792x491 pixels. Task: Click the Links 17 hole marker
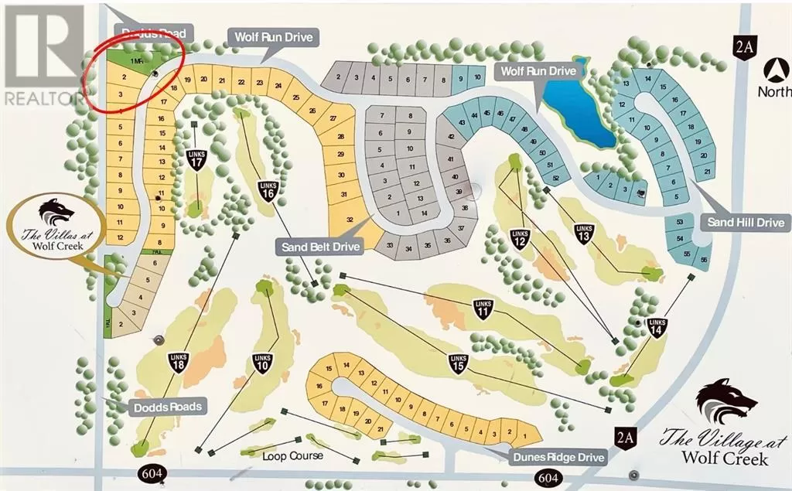[196, 160]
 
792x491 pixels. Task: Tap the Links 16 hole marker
[268, 190]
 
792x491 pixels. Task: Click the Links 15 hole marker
[459, 363]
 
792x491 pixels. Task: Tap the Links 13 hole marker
[584, 233]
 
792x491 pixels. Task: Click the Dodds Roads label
[166, 407]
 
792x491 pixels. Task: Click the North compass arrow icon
[772, 72]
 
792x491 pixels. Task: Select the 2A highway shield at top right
[743, 48]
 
